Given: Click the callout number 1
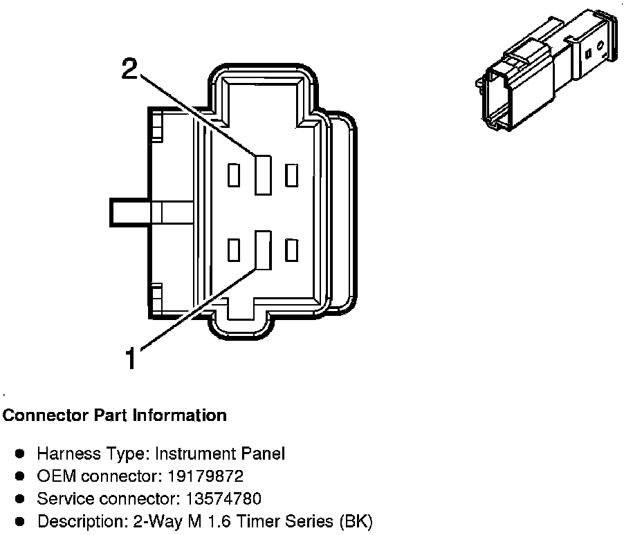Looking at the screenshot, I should click(131, 358).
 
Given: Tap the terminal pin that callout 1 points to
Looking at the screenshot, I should click(262, 249).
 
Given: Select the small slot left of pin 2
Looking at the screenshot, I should click(234, 176).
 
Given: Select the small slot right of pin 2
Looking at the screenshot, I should click(291, 176).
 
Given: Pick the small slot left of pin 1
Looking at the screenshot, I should click(234, 250).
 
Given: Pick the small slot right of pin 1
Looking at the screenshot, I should click(291, 250).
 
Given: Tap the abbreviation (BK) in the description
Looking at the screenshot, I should click(356, 521).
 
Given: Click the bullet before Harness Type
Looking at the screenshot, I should click(21, 454).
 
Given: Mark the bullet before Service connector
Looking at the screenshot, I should click(21, 498).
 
